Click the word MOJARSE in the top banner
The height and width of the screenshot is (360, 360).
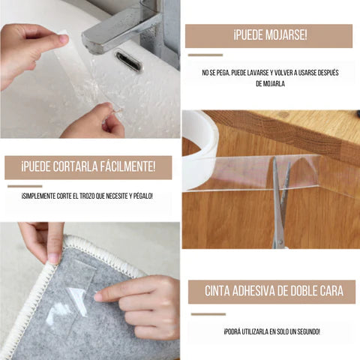(286, 35)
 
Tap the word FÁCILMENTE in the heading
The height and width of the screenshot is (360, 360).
(127, 166)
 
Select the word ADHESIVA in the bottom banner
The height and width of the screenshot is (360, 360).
(253, 291)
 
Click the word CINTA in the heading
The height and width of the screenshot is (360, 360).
(217, 291)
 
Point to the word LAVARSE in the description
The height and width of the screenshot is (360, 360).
(258, 73)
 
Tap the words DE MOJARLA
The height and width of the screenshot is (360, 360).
(270, 83)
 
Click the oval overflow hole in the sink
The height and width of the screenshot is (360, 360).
(129, 61)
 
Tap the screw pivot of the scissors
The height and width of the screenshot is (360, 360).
(280, 241)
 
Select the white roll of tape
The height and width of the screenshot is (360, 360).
(200, 150)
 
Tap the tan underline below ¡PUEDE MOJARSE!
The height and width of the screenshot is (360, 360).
(205, 55)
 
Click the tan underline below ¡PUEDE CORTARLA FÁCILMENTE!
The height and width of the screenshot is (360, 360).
(25, 186)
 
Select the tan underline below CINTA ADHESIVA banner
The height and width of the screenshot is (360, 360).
(208, 314)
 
